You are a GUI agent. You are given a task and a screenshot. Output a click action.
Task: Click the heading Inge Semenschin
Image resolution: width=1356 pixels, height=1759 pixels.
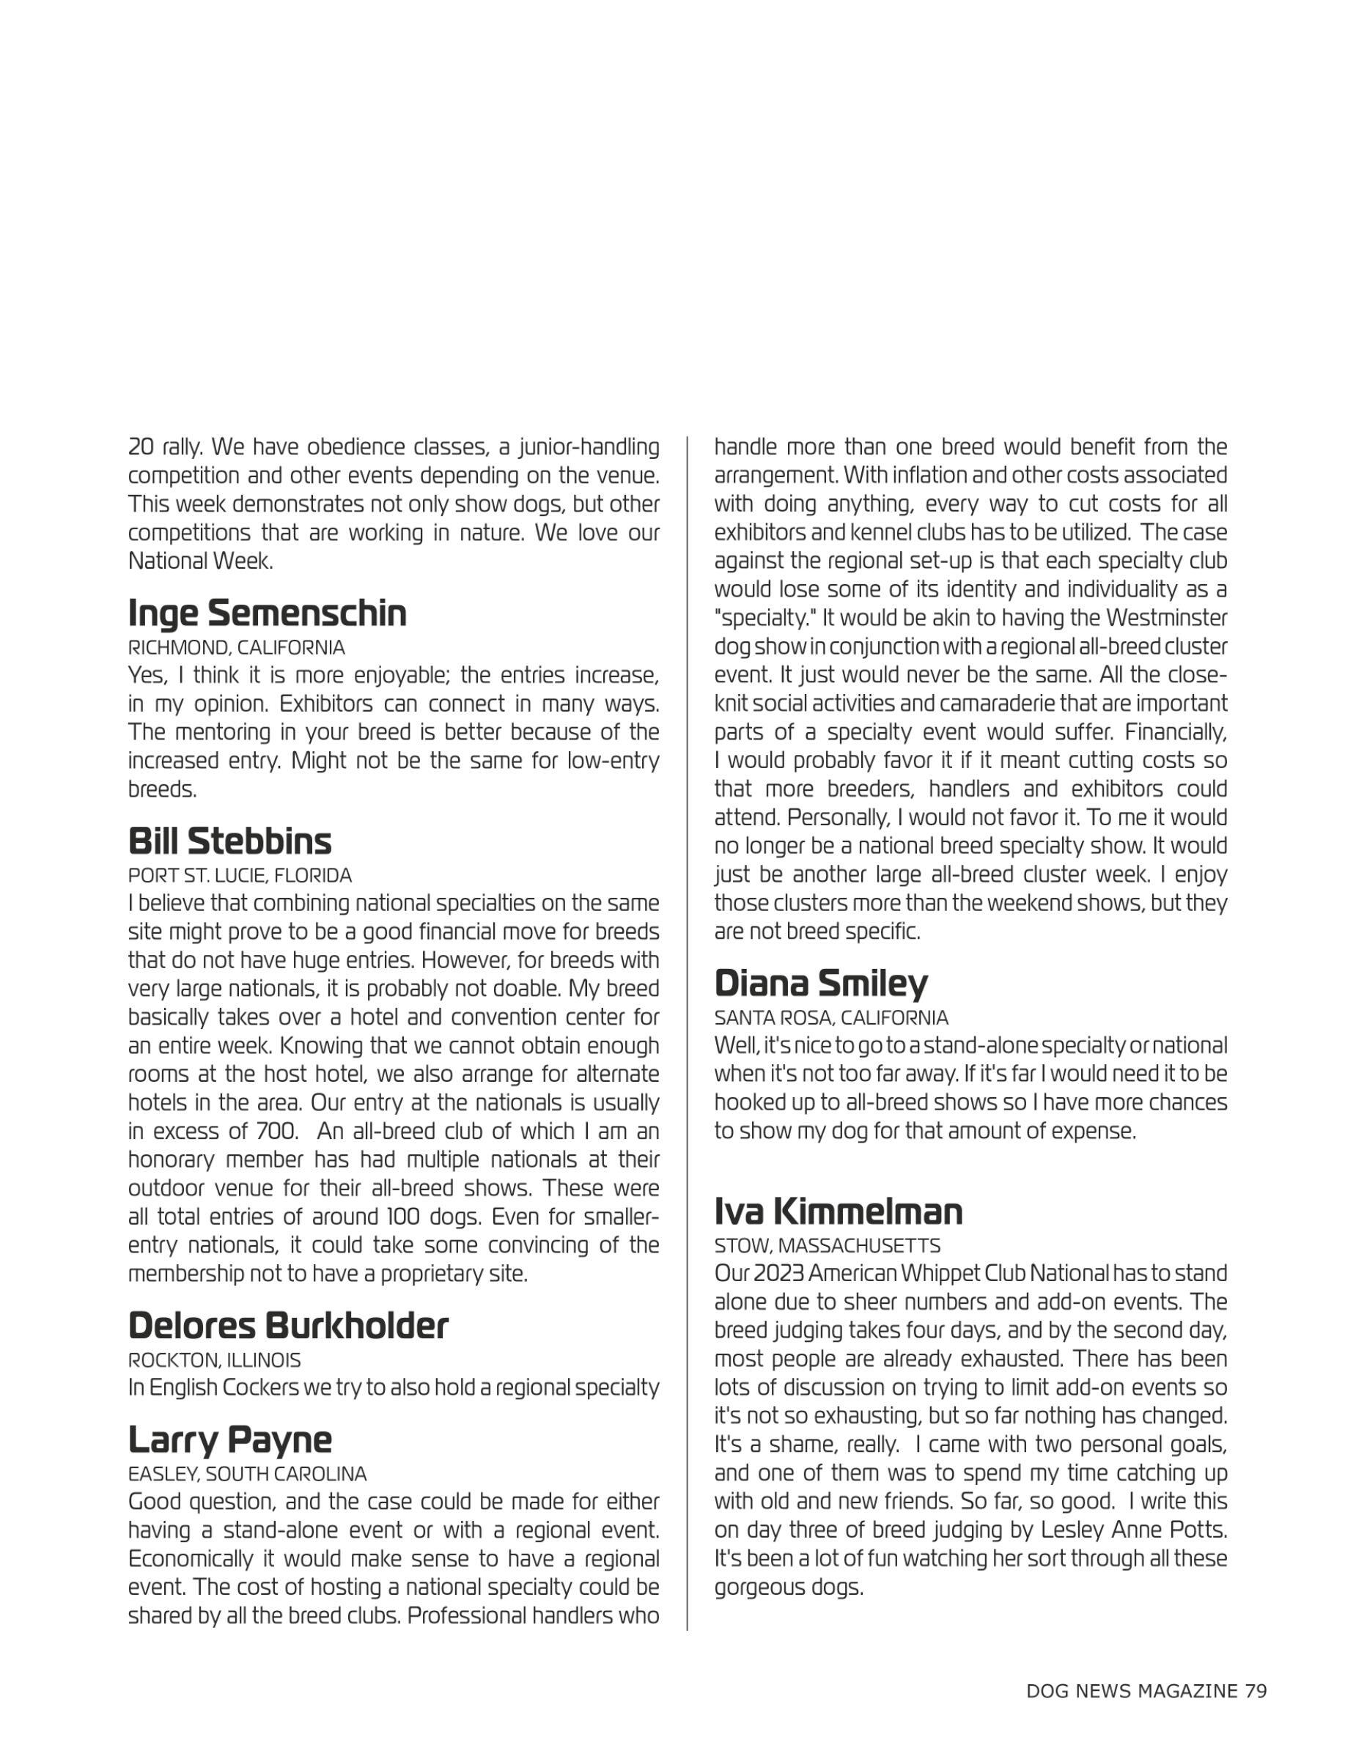[x=268, y=613]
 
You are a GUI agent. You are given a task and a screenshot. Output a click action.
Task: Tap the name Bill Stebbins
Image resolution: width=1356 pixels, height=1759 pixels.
[x=229, y=841]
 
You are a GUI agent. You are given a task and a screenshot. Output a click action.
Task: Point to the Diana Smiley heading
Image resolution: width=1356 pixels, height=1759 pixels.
[x=820, y=984]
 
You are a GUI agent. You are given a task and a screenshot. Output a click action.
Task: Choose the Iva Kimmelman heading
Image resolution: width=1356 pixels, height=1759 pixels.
[x=839, y=1212]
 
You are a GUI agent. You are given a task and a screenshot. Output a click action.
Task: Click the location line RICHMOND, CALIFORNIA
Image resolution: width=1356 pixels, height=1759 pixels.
[x=236, y=648]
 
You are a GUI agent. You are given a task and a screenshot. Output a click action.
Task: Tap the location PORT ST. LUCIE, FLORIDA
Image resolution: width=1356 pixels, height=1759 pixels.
[x=239, y=876]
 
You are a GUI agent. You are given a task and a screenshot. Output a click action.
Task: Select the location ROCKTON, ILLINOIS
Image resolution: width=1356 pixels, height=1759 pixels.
[x=214, y=1360]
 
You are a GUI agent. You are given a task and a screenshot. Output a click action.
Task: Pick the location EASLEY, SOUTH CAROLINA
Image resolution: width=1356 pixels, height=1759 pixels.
[x=247, y=1474]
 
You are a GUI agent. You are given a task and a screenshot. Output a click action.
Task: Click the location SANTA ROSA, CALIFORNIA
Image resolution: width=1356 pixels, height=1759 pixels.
[x=831, y=1017]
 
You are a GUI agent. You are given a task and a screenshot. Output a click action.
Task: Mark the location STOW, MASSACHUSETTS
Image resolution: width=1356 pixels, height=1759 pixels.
[x=827, y=1246]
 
